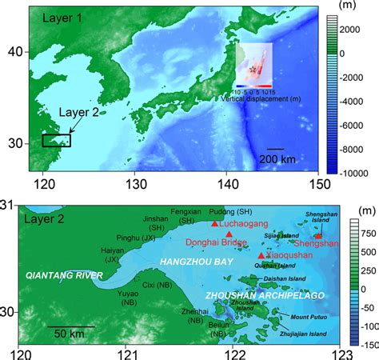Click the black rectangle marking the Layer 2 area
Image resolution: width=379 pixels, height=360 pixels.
click(56, 140)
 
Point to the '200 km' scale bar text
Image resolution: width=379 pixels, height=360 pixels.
click(277, 159)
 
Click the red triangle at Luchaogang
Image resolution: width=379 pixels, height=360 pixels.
click(215, 224)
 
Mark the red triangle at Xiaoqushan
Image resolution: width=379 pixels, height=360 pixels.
click(261, 255)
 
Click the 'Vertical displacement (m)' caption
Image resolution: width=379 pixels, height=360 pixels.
click(255, 95)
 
